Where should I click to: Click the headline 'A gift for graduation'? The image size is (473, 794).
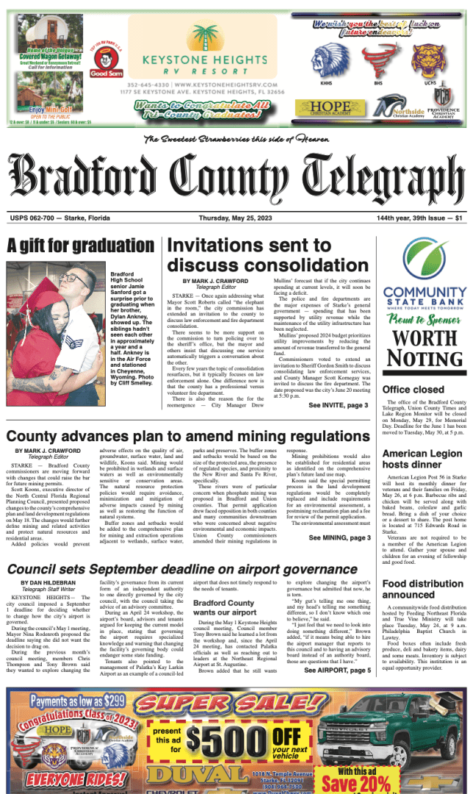(x=80, y=246)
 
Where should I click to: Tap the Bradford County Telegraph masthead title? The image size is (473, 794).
(x=236, y=178)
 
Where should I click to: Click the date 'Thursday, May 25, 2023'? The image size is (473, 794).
(x=236, y=218)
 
